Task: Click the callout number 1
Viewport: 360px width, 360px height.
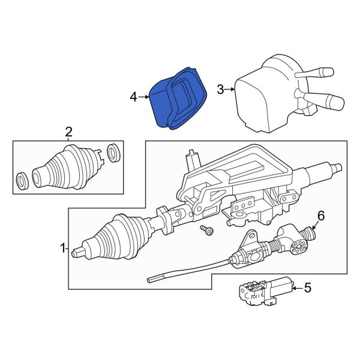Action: tap(63, 247)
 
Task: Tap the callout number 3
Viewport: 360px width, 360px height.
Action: tap(220, 90)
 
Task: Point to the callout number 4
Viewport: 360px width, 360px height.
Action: tap(134, 96)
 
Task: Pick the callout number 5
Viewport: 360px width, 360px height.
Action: tap(308, 289)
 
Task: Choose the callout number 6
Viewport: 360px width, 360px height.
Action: tap(320, 215)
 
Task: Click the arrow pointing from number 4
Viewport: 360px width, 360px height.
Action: tap(144, 96)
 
